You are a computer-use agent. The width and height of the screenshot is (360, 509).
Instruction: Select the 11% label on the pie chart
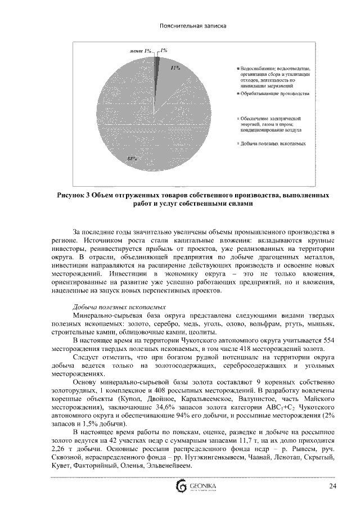tap(175, 67)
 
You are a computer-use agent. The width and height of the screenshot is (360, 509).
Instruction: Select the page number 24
tap(332, 486)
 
